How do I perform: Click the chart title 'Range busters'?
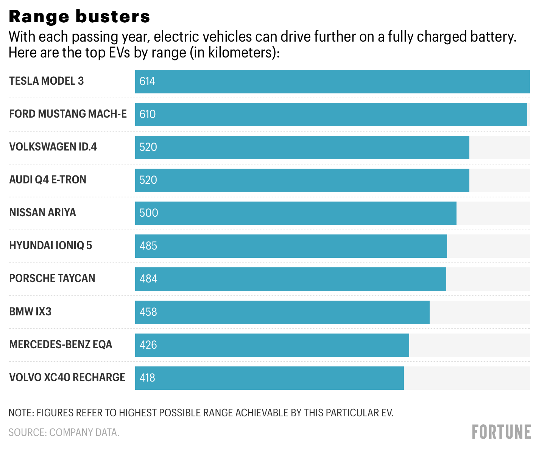[x=79, y=17]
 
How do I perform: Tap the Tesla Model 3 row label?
[x=47, y=81]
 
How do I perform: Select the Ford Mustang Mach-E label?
[x=68, y=114]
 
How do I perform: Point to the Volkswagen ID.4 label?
[x=53, y=147]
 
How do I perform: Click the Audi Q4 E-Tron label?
[x=48, y=180]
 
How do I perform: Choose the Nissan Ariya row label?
[x=42, y=213]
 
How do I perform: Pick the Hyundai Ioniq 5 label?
[x=50, y=245]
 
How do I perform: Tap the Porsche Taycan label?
[x=52, y=278]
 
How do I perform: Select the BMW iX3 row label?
[x=30, y=312]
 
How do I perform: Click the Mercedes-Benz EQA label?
[x=61, y=344]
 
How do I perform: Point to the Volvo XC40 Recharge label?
[x=67, y=377]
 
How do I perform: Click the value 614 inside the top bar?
[x=147, y=81]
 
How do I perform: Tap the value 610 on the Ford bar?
[x=148, y=114]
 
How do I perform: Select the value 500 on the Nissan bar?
[x=149, y=213]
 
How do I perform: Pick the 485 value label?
[x=148, y=246]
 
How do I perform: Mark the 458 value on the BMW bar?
[x=148, y=312]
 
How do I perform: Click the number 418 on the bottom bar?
[x=147, y=378]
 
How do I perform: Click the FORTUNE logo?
[x=501, y=432]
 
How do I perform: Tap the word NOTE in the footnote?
[x=21, y=413]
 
